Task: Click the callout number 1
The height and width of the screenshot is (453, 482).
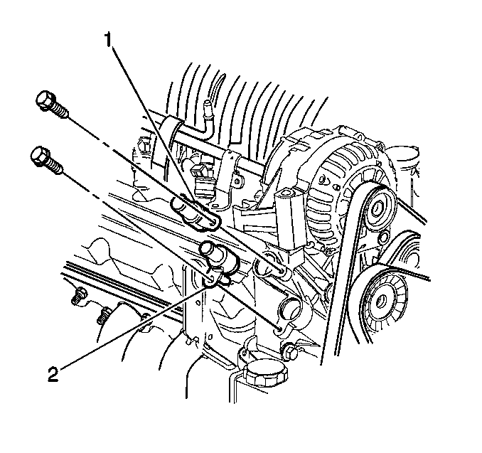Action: (x=108, y=40)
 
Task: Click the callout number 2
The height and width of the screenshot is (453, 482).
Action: (x=53, y=374)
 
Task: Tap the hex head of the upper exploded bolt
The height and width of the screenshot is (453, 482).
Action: (x=44, y=99)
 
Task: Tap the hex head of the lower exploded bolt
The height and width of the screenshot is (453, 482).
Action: (x=39, y=156)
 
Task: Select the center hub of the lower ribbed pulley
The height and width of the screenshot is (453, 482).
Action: (x=382, y=300)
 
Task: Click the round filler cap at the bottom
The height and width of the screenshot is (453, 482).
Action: (x=266, y=373)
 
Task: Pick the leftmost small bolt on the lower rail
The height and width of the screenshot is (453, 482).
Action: (x=78, y=295)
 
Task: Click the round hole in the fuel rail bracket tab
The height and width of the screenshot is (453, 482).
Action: (x=237, y=182)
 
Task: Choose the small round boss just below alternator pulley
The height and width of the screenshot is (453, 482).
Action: (x=382, y=237)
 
